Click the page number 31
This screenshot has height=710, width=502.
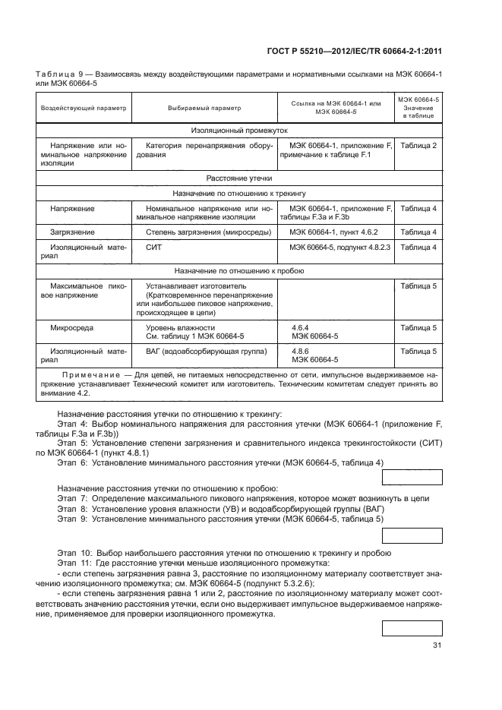437,645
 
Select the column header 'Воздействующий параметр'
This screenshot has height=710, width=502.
84,108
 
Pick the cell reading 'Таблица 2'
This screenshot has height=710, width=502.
418,145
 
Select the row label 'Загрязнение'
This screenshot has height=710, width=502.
73,232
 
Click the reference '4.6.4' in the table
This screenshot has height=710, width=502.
299,327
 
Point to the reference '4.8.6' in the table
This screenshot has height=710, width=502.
299,352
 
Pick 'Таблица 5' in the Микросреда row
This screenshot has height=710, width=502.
418,327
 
